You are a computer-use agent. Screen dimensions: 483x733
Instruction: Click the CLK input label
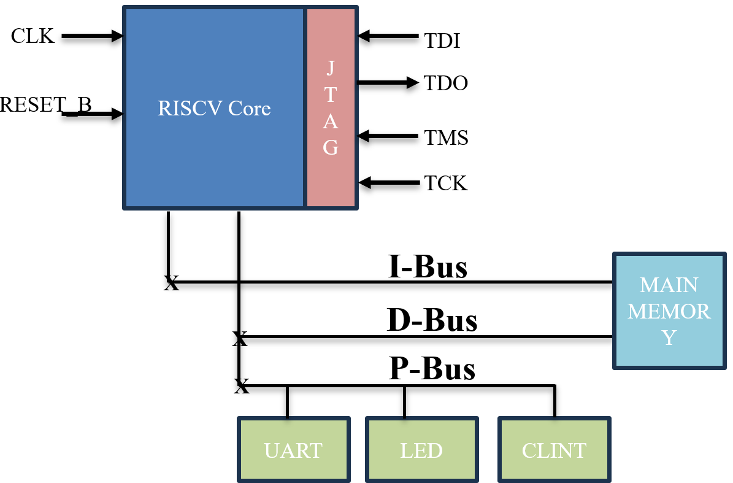click(33, 36)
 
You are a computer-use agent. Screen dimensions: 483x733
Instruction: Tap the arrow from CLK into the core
click(92, 37)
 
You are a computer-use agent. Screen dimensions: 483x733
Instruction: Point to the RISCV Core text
click(214, 109)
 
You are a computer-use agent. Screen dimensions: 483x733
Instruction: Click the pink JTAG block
click(331, 108)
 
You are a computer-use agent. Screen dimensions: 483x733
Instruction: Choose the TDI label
click(442, 41)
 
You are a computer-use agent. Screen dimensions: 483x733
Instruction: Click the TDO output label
click(446, 83)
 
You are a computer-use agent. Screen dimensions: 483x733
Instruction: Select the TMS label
click(447, 138)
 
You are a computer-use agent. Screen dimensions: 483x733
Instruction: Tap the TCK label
click(446, 183)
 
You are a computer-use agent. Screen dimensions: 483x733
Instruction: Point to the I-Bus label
click(428, 267)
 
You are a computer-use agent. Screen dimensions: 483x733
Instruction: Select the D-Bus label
click(432, 320)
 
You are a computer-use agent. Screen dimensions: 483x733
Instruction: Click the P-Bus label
click(432, 369)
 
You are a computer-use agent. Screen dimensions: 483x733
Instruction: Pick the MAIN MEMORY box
click(669, 311)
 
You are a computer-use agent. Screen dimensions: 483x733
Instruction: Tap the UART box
click(293, 450)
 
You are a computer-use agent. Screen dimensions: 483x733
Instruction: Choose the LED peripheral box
click(421, 450)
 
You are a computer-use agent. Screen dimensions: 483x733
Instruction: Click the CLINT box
click(554, 450)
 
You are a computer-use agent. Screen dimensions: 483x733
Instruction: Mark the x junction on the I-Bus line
click(171, 283)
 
